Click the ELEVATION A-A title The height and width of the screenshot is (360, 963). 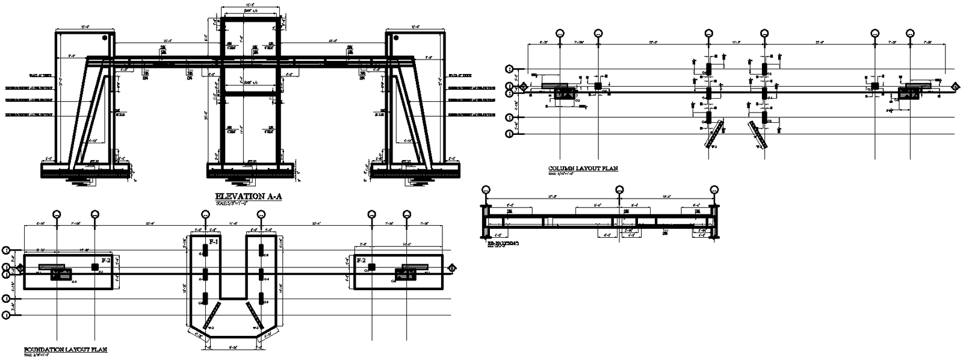tap(249, 197)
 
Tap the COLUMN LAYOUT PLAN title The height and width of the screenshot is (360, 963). tap(583, 169)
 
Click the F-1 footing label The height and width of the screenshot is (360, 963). tap(213, 241)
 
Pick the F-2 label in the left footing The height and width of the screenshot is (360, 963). tap(105, 260)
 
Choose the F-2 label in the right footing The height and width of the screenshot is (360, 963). tap(362, 260)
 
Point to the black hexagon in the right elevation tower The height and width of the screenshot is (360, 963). tap(395, 37)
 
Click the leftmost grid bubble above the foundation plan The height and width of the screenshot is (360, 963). tap(57, 214)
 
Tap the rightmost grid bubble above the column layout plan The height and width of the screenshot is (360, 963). tap(911, 34)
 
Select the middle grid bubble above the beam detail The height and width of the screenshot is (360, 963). tap(619, 190)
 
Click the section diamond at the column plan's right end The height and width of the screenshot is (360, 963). tap(955, 87)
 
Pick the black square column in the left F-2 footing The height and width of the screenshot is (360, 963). tap(94, 267)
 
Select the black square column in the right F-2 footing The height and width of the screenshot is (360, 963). tap(372, 267)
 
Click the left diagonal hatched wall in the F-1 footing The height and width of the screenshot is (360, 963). tap(212, 315)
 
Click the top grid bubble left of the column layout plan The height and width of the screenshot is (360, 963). tap(510, 69)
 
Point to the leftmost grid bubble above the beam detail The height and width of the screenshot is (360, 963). tap(485, 190)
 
